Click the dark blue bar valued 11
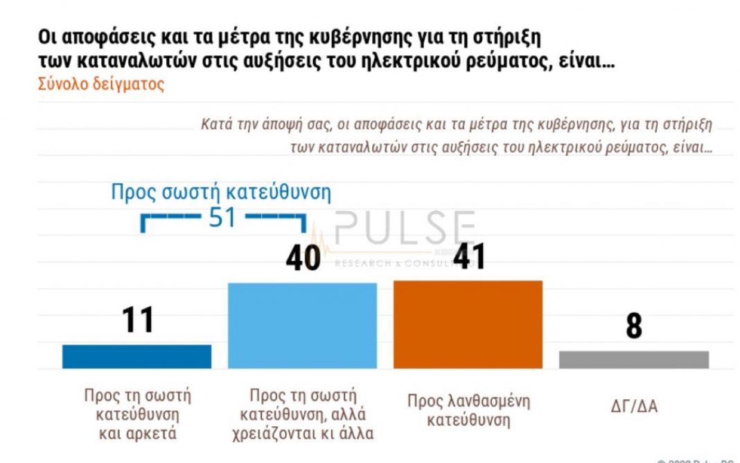[x=136, y=356]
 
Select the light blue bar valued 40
[x=302, y=325]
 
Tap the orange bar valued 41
[x=468, y=324]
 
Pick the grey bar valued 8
[x=633, y=359]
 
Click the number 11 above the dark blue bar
[x=137, y=321]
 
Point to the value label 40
[x=303, y=258]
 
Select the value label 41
[x=468, y=257]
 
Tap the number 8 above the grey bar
[x=633, y=327]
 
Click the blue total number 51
[x=222, y=217]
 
